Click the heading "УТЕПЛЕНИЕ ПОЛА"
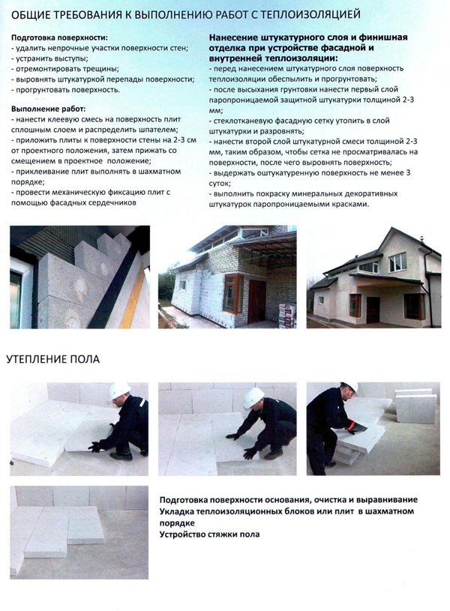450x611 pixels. click(x=52, y=359)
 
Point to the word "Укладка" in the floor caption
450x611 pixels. click(x=180, y=511)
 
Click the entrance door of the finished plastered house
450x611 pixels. click(x=355, y=305)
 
